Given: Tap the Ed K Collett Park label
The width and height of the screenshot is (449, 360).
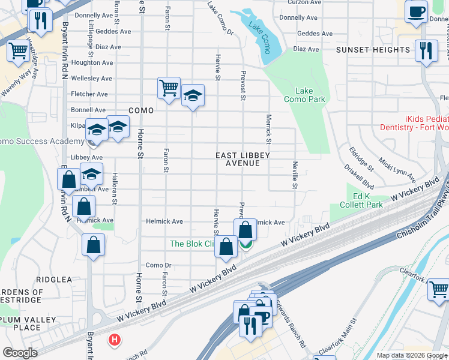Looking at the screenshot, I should pyautogui.click(x=368, y=200).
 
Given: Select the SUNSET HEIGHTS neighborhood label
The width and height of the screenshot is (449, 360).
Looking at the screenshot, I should pyautogui.click(x=373, y=50).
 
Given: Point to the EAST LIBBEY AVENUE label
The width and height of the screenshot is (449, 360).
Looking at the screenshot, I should pyautogui.click(x=243, y=159).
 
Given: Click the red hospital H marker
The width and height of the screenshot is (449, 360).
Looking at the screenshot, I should pyautogui.click(x=114, y=340).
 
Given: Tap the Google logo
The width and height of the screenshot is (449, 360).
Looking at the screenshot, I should pyautogui.click(x=20, y=353).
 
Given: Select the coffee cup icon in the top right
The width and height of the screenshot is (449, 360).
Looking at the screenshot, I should pyautogui.click(x=416, y=11).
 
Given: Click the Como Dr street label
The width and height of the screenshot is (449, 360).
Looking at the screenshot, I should pyautogui.click(x=158, y=265).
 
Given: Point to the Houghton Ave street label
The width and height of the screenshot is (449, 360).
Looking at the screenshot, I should pyautogui.click(x=92, y=62).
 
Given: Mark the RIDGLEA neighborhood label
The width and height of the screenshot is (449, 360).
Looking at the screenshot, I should pyautogui.click(x=54, y=280).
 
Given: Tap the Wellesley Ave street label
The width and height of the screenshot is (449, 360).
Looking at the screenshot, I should pyautogui.click(x=91, y=79).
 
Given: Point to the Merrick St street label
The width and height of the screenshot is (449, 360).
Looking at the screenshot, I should pyautogui.click(x=269, y=130).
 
